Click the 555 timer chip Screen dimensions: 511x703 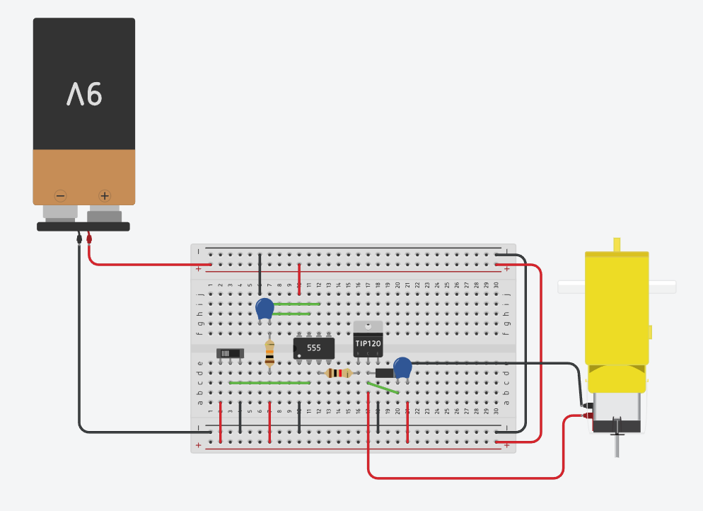click(x=314, y=348)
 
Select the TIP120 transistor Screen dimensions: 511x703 click(x=368, y=344)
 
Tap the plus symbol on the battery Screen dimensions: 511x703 click(x=104, y=195)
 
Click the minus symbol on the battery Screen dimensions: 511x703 click(x=61, y=195)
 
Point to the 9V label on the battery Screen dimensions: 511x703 click(x=85, y=93)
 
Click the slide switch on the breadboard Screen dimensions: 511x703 click(x=230, y=352)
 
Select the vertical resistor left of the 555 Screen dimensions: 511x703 click(x=269, y=352)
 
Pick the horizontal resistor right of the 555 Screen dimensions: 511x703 click(x=339, y=373)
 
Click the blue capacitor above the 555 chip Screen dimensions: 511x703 click(x=265, y=308)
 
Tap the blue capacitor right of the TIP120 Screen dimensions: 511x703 click(x=402, y=367)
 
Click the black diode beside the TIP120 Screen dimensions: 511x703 click(x=384, y=373)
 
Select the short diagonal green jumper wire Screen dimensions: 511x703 click(x=383, y=387)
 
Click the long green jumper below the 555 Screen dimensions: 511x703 click(x=269, y=383)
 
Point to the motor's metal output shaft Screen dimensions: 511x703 click(x=615, y=442)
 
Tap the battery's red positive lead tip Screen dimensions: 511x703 click(x=89, y=240)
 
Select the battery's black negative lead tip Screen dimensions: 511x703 click(x=79, y=240)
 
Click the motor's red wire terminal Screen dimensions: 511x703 click(x=587, y=417)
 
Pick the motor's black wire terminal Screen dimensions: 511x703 click(x=586, y=406)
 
